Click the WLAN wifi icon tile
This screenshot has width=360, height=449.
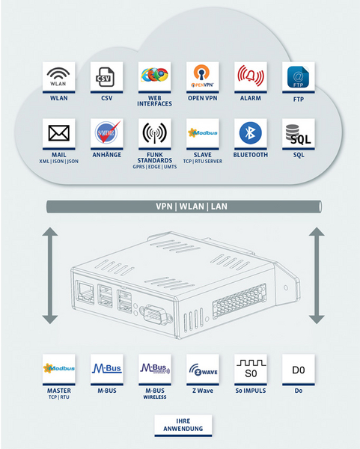[58, 77]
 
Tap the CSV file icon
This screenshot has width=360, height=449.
[105, 77]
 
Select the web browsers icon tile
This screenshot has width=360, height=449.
[155, 77]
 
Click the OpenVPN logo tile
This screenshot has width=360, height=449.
[203, 77]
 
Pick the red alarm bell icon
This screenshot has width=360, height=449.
[251, 76]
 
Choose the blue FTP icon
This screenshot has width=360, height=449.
[298, 77]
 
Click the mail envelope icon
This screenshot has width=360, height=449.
[58, 133]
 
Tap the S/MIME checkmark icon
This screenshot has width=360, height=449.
[107, 132]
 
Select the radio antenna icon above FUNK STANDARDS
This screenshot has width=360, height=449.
[155, 133]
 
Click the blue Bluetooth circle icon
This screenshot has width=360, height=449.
[250, 133]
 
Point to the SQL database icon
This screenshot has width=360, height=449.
[298, 134]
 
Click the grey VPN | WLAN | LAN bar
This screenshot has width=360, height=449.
[184, 207]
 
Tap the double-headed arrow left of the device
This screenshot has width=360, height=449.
[50, 275]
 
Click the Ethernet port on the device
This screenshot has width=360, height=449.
[85, 292]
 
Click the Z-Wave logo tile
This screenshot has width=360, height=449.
[203, 370]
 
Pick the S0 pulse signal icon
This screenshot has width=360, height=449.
[251, 369]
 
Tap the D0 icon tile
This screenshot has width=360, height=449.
[299, 370]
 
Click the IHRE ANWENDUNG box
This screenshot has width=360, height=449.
[183, 425]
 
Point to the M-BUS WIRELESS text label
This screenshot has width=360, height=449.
[155, 394]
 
